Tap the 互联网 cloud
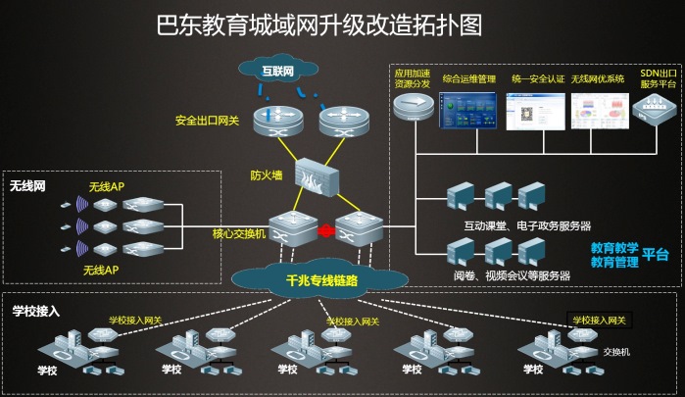click(279, 73)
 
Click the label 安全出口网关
click(206, 122)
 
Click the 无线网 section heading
click(28, 184)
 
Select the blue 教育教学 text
click(614, 249)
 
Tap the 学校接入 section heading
click(36, 311)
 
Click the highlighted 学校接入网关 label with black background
click(597, 320)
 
